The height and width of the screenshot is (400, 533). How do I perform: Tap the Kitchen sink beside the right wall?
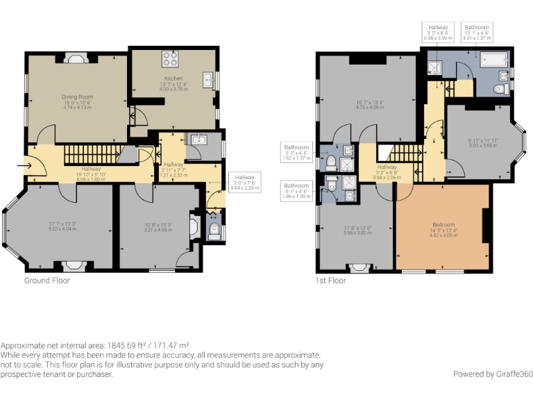[208, 81]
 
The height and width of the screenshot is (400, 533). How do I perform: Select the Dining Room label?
[77, 97]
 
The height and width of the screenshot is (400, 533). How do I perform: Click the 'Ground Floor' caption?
[47, 281]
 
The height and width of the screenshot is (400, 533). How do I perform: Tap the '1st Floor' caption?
[330, 281]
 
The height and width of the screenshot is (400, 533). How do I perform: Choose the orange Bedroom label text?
[443, 225]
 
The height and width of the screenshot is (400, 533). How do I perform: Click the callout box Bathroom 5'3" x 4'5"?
[296, 152]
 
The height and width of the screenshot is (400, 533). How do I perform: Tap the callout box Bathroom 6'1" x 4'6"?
[296, 191]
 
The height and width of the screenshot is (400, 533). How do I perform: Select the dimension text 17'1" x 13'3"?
[61, 224]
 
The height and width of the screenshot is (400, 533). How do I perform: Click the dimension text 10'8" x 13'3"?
[158, 224]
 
